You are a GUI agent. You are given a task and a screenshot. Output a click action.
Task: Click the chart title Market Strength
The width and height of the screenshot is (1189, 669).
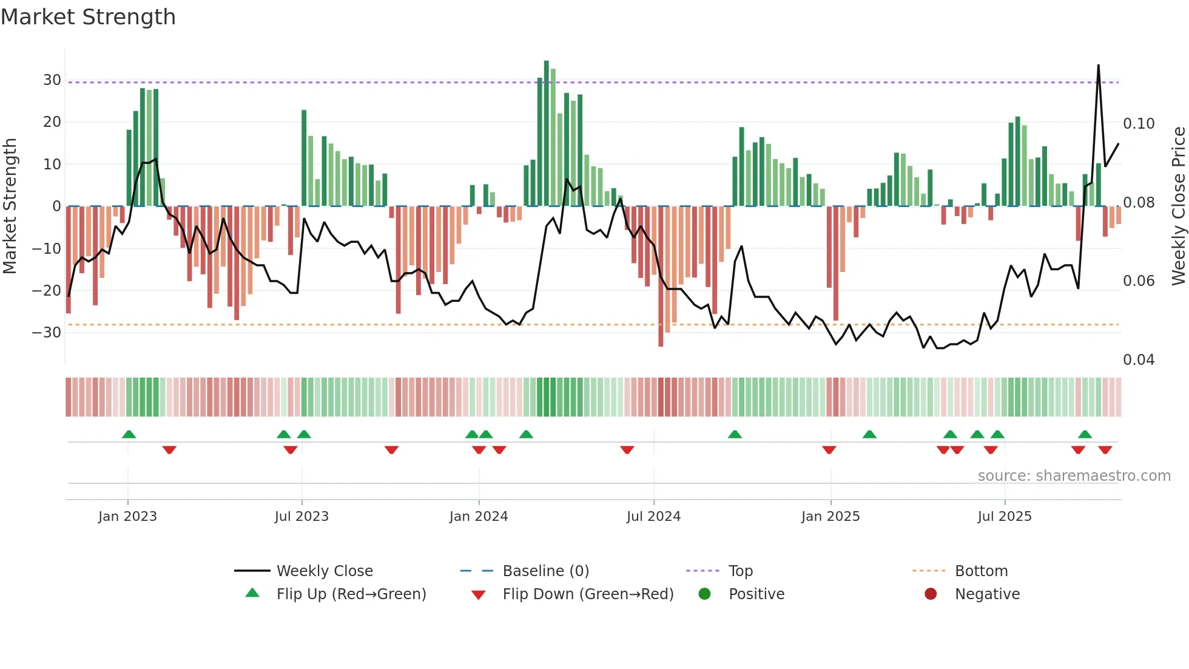pos(89,17)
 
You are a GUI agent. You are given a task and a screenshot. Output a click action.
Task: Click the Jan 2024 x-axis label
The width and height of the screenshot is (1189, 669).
pos(479,517)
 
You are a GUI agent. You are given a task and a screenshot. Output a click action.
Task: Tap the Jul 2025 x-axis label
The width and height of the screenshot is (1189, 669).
pos(1005,517)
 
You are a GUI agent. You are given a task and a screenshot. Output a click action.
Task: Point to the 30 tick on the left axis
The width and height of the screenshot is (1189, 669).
pos(52,80)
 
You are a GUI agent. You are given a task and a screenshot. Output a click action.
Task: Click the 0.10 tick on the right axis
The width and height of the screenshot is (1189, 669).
pos(1139,124)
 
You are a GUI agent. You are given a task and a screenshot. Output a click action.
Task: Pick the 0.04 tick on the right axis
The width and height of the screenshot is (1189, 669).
pos(1139,360)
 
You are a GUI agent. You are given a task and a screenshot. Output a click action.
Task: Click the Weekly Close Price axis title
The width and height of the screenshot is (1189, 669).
pos(1178,206)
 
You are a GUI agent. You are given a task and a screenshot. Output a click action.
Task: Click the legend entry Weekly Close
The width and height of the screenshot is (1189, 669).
pos(325,571)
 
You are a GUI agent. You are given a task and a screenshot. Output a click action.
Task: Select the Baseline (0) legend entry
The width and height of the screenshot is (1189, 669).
pos(545,571)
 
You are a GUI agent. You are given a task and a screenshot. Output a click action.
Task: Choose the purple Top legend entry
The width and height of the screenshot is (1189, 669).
pos(740,571)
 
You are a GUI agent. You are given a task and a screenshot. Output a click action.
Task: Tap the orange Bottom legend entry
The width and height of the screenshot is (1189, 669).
pos(981,571)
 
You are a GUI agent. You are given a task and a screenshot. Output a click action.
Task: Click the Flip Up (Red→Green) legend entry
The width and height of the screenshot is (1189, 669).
pos(351,594)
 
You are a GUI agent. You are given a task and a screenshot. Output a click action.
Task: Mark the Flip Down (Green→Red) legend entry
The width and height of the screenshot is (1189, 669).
pos(588,594)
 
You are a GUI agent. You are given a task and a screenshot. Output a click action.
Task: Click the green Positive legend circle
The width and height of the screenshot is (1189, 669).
pos(704,594)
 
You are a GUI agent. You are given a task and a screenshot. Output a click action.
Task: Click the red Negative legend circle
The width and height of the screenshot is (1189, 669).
pos(931,594)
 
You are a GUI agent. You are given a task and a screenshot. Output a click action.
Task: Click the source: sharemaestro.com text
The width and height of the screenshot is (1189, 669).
pos(1074,476)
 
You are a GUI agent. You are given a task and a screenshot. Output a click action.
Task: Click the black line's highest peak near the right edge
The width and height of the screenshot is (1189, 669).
pos(1099,66)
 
